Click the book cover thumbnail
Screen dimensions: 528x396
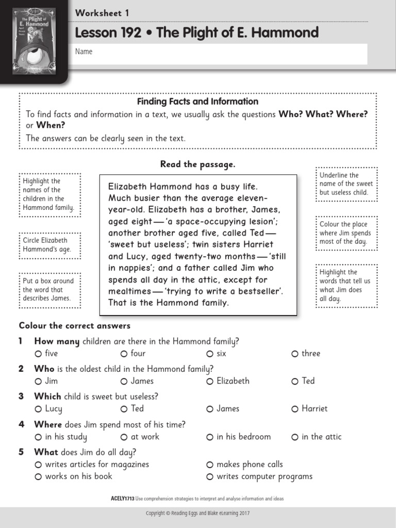[34, 40]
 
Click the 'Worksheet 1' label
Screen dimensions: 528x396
[102, 13]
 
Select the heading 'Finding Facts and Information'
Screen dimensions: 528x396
[197, 102]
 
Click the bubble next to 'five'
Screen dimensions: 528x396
[38, 354]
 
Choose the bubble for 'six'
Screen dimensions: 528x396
[210, 354]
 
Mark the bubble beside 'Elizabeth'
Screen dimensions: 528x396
[210, 382]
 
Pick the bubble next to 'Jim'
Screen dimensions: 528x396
[38, 382]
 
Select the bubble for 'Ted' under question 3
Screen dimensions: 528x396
[124, 409]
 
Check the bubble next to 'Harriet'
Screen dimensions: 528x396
[295, 409]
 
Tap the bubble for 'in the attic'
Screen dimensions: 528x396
[295, 437]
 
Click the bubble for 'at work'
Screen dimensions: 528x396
[124, 437]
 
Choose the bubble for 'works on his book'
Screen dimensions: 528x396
[38, 477]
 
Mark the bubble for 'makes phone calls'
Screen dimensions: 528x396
[210, 465]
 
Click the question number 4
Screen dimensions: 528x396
[22, 425]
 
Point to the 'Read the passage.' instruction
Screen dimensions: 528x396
[197, 164]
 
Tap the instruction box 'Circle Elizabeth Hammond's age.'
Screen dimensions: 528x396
[49, 245]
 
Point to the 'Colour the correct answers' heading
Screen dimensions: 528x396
[75, 326]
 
